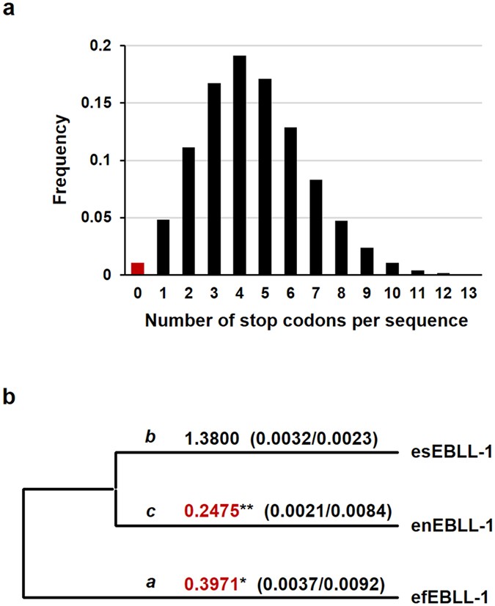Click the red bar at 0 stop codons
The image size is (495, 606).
coord(138,268)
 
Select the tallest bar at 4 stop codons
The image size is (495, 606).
coord(239,165)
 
